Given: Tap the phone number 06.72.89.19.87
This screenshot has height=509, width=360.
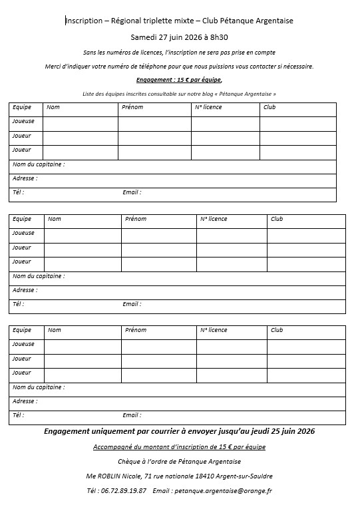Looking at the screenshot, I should coord(125,490).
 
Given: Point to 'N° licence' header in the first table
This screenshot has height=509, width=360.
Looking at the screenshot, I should coord(208,107).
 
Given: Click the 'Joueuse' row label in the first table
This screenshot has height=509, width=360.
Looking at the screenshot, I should coord(23,122).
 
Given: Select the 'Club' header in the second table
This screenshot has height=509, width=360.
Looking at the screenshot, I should coord(277,219).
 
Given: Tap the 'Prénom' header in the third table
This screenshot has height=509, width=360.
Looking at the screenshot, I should coord(136,330).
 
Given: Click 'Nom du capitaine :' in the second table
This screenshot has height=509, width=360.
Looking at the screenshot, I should coord(39,275).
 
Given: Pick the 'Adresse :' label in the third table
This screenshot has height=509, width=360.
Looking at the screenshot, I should coord(25,401).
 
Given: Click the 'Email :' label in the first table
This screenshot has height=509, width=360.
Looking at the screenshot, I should coord(132,192).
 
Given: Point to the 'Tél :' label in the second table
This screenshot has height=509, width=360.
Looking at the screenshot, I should coord(19,304).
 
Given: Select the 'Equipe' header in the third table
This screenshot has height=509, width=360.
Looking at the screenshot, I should coord(22,330).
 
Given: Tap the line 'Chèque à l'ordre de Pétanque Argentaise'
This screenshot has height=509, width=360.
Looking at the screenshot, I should coord(178,462).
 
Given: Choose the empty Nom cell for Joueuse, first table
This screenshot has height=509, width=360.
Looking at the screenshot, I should coord(80,123).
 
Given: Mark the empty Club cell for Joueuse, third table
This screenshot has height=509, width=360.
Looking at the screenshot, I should coord(306,346).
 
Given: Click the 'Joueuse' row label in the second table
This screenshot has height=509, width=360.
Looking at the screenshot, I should coord(23,233).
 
